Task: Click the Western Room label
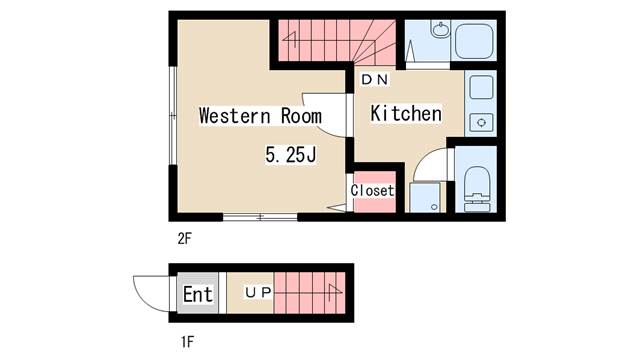click(260, 116)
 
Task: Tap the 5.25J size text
click(291, 155)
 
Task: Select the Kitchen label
click(406, 113)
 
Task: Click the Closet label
click(372, 190)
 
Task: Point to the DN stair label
click(375, 79)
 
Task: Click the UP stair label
click(258, 292)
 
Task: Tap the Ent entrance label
click(198, 294)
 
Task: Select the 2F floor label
click(184, 238)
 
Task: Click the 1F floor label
click(187, 341)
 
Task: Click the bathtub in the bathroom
click(474, 42)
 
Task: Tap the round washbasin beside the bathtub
click(440, 30)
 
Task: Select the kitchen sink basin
click(481, 87)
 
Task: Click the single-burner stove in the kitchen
click(481, 122)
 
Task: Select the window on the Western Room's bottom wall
click(260, 217)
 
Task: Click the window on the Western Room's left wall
click(173, 116)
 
